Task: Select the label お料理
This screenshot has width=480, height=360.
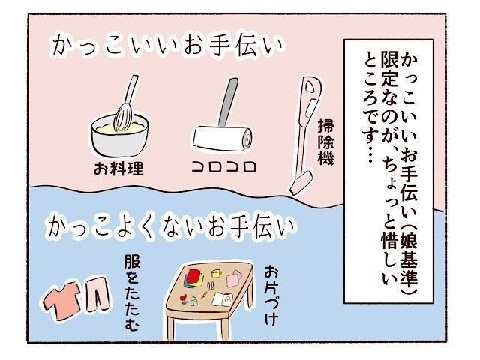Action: [x=118, y=169]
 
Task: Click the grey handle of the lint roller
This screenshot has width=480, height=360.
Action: [x=228, y=102]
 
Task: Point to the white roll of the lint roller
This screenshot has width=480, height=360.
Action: [x=223, y=138]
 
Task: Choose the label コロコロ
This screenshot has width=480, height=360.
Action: [x=224, y=167]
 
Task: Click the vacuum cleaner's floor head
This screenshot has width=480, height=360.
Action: [x=301, y=183]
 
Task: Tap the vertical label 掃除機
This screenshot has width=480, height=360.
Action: [x=326, y=142]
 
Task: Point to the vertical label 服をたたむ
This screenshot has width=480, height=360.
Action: [x=132, y=293]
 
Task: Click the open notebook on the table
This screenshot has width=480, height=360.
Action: [x=223, y=299]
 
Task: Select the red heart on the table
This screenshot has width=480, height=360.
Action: [x=183, y=298]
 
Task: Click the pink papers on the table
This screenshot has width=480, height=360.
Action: [x=234, y=278]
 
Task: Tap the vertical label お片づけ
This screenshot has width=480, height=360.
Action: [x=271, y=295]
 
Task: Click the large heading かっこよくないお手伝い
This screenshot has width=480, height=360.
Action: [x=169, y=226]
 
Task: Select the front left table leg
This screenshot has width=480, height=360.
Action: [x=172, y=328]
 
